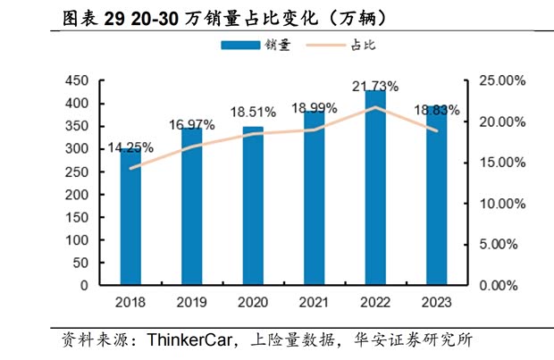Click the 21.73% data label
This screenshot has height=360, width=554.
click(x=375, y=86)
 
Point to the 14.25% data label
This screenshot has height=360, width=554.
click(x=130, y=147)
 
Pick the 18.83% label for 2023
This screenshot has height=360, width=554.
click(x=437, y=111)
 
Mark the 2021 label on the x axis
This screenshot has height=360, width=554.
click(x=315, y=302)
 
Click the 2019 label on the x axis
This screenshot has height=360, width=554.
click(x=192, y=302)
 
